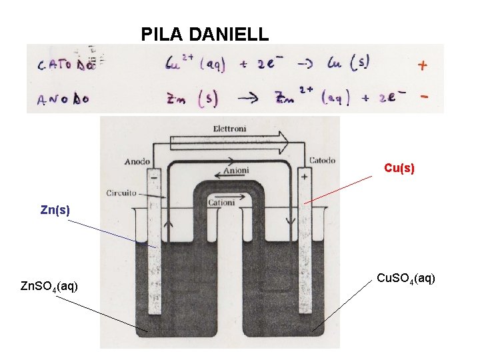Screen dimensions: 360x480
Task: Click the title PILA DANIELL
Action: [x=205, y=33]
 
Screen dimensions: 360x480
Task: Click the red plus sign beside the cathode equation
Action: [x=422, y=65]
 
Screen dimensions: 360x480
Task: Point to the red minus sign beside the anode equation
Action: [x=424, y=97]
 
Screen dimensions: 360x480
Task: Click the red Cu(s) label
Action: [x=399, y=169]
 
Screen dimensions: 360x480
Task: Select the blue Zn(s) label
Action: [x=55, y=210]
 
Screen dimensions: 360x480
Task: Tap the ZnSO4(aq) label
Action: [x=49, y=287]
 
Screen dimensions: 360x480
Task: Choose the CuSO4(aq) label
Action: [x=406, y=277]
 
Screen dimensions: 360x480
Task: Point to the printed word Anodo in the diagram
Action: [x=137, y=161]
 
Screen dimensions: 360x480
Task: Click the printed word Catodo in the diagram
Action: [x=322, y=160]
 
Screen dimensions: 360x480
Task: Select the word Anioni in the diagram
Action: [x=236, y=171]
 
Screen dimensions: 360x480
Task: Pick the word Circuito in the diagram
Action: [x=122, y=193]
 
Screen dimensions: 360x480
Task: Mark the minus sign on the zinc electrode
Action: [x=155, y=178]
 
